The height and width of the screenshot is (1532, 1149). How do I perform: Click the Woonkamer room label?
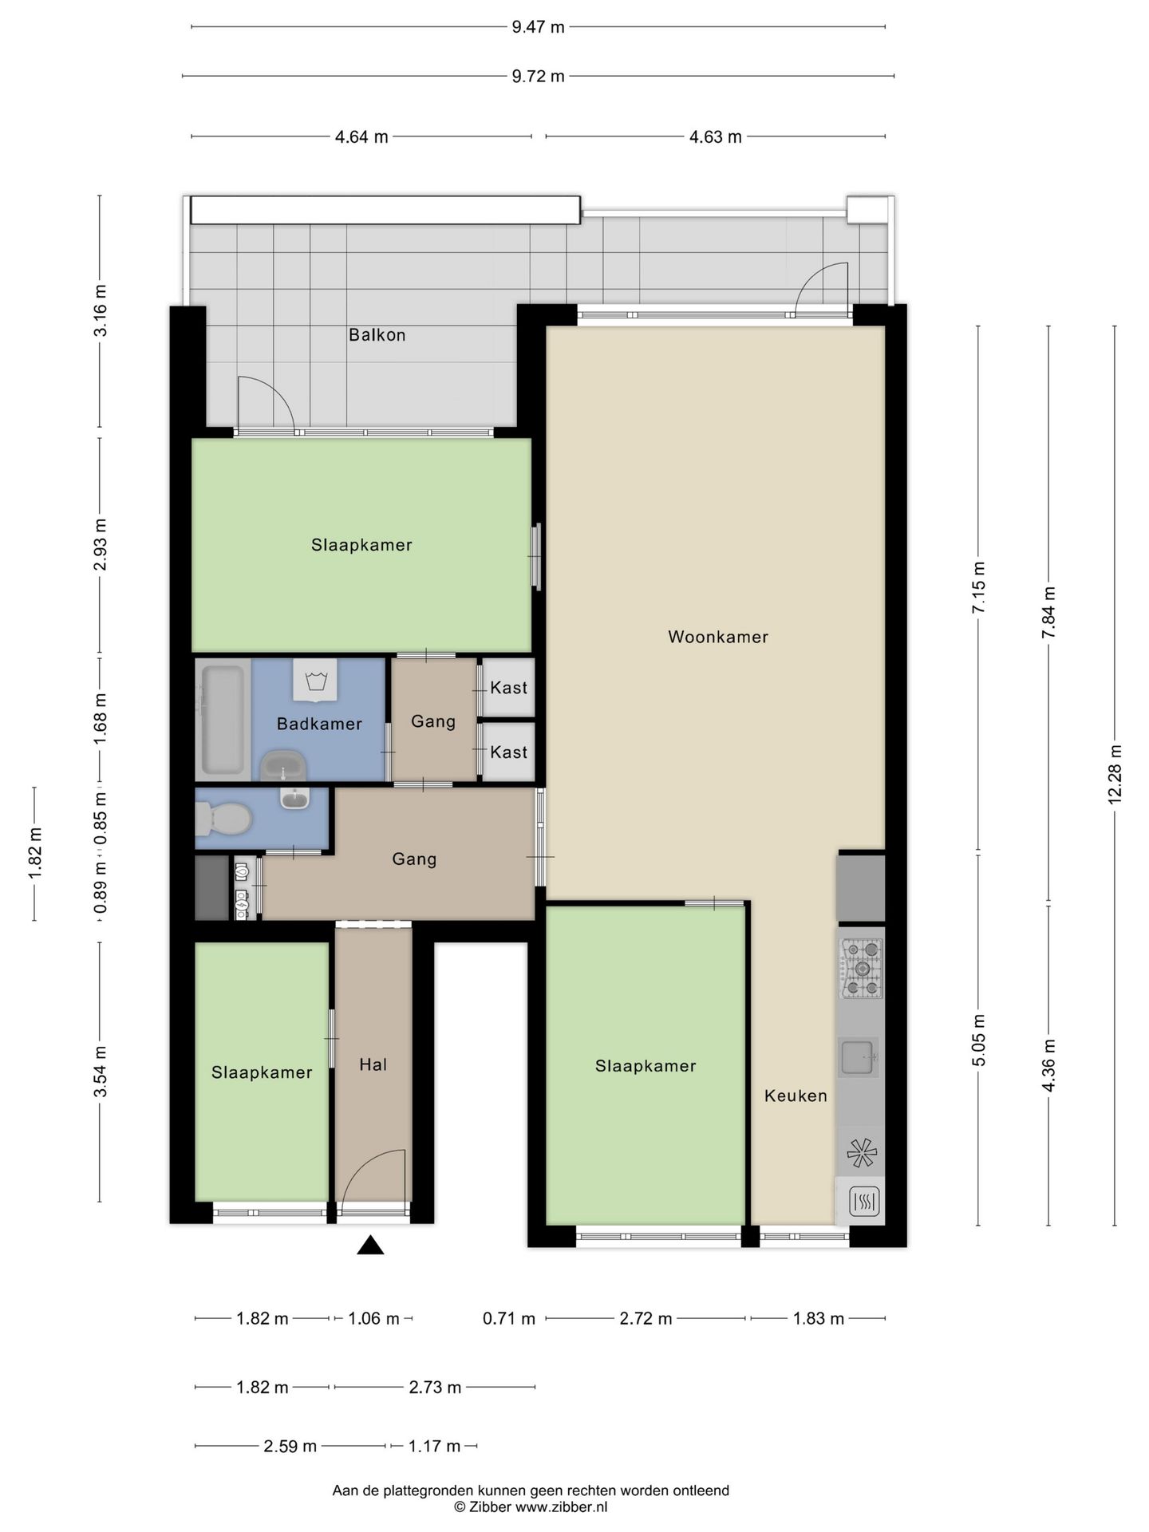point(717,637)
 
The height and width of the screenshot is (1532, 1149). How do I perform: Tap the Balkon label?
point(377,335)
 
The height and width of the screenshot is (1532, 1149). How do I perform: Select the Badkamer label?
point(319,724)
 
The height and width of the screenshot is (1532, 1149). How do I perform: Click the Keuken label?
point(796,1096)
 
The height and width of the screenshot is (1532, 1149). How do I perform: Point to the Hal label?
point(373,1064)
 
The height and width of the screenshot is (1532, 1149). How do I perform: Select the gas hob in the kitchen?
point(861,969)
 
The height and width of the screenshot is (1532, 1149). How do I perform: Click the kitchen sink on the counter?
point(859,1057)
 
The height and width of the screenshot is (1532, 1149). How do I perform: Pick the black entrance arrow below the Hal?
point(370,1246)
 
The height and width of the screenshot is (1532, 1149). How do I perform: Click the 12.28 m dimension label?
point(1115,774)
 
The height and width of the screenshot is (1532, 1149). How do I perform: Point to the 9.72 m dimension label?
point(538,77)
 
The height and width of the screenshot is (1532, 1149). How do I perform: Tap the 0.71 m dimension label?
point(509,1319)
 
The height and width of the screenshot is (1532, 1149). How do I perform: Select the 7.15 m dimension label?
point(978,587)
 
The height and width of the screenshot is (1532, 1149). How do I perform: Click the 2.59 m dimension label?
point(290,1447)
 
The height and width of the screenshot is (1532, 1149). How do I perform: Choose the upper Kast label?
point(509,688)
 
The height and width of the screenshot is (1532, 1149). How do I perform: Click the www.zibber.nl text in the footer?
point(561,1507)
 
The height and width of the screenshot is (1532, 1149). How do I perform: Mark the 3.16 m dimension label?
point(100,310)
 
